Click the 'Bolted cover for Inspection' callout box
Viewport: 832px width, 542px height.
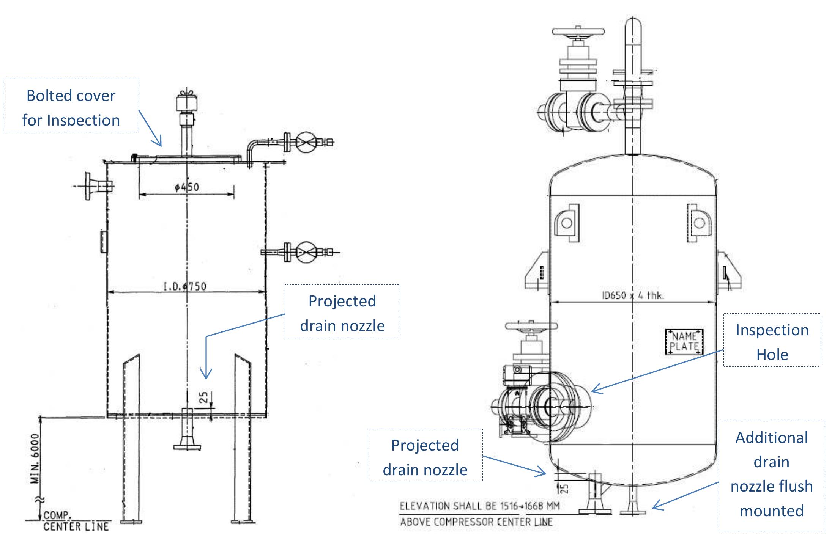pyautogui.click(x=71, y=105)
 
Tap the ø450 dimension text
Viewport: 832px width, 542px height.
pyautogui.click(x=187, y=187)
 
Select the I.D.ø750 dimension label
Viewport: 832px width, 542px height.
pyautogui.click(x=185, y=286)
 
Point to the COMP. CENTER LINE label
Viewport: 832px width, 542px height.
pyautogui.click(x=76, y=521)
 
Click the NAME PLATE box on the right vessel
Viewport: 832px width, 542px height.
pyautogui.click(x=684, y=341)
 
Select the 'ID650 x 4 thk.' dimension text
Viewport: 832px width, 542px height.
pyautogui.click(x=633, y=296)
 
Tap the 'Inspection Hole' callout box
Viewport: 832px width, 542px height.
pyautogui.click(x=772, y=340)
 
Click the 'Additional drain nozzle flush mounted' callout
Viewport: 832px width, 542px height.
pyautogui.click(x=771, y=475)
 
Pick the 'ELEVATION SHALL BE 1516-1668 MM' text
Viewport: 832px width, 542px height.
pyautogui.click(x=479, y=506)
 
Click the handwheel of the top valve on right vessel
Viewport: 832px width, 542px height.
pyautogui.click(x=578, y=32)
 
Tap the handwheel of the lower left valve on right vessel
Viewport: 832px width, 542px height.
pyautogui.click(x=531, y=326)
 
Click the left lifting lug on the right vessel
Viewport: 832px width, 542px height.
pyautogui.click(x=567, y=223)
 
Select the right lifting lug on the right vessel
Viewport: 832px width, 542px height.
pyautogui.click(x=699, y=223)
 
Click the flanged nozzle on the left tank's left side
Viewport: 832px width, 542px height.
pyautogui.click(x=93, y=186)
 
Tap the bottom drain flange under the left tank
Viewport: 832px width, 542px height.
pyautogui.click(x=187, y=446)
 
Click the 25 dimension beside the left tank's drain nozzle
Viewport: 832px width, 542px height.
pyautogui.click(x=204, y=397)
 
